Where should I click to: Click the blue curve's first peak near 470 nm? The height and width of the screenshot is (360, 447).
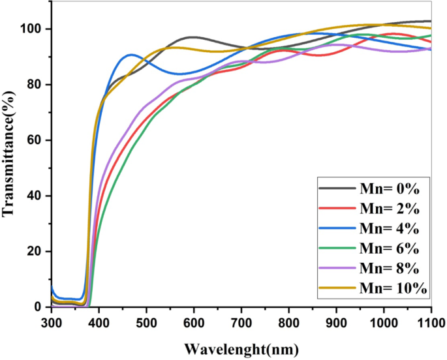coord(131,55)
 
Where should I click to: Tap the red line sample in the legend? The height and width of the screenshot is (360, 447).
coord(335,209)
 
